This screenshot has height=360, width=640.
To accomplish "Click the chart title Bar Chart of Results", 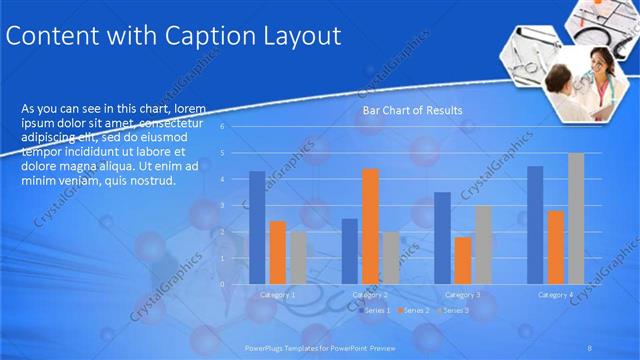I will pos(412,110).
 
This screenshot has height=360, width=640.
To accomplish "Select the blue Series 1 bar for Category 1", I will pos(257,227).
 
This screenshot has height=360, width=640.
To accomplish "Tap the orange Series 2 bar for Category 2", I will pos(370,226).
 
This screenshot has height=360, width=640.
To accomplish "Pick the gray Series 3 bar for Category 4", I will pos(576,218).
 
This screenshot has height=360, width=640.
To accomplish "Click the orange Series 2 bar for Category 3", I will pos(462,260).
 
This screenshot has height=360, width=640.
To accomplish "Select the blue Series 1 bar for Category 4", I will pos(535,225).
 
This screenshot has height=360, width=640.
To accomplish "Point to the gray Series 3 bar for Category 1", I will pos(298,258).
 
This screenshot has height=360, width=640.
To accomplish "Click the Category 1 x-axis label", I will pos(277,295).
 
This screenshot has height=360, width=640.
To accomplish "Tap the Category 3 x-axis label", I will pos(462,295).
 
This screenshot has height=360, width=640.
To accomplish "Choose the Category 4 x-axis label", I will pos(555,295).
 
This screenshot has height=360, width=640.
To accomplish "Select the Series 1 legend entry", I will pos(373,311).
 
